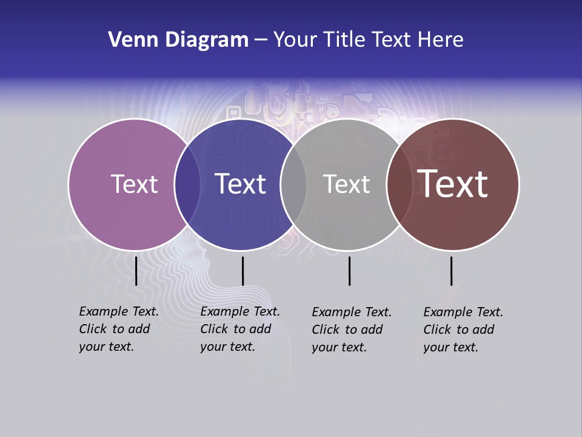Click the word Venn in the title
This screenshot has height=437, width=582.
[125, 40]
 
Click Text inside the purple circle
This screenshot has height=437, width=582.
[134, 184]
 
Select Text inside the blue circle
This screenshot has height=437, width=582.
[240, 184]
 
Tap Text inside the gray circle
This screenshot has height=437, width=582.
[346, 184]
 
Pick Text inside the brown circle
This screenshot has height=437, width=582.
[452, 184]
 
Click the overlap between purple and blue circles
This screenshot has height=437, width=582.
[187, 184]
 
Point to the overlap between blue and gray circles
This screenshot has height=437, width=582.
[293, 184]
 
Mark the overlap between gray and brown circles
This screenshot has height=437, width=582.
[400, 184]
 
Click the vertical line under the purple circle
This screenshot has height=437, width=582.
[136, 271]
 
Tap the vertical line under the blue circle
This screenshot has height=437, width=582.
[242, 271]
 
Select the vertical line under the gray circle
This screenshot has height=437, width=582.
[349, 271]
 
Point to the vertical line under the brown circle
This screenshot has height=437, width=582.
[451, 271]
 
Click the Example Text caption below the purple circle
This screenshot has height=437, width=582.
[118, 329]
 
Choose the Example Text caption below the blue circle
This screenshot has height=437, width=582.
[239, 329]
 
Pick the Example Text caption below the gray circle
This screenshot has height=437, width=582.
[351, 330]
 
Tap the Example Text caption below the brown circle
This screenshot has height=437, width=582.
[463, 330]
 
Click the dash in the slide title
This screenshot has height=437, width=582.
[261, 40]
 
